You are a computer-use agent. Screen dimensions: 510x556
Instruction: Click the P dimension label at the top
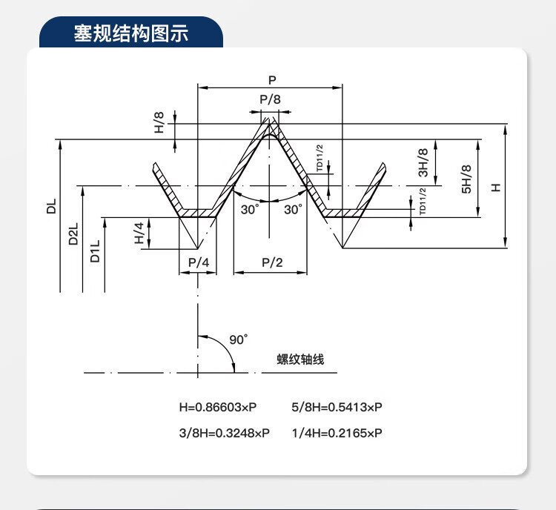(x=272, y=79)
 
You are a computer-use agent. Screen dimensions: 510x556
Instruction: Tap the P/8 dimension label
(x=270, y=99)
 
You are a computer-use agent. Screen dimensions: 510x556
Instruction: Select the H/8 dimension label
(x=159, y=122)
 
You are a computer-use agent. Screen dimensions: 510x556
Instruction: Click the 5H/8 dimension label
(x=466, y=179)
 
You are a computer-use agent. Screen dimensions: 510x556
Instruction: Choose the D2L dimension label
(x=73, y=234)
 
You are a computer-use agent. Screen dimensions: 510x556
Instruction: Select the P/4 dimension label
(x=198, y=262)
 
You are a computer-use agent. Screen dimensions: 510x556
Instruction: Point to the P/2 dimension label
(x=272, y=262)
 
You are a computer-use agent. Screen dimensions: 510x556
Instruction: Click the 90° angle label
(x=238, y=340)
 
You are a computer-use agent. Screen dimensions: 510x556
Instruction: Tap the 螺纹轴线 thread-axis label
(x=300, y=360)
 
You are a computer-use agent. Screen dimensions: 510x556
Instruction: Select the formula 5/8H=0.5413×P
(x=337, y=407)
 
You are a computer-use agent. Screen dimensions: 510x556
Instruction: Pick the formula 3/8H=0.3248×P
(x=224, y=432)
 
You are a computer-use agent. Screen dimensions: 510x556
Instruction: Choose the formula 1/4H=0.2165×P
(x=337, y=432)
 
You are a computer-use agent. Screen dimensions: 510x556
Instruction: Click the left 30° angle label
(x=250, y=210)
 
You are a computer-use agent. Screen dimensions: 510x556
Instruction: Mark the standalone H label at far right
(x=496, y=187)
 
